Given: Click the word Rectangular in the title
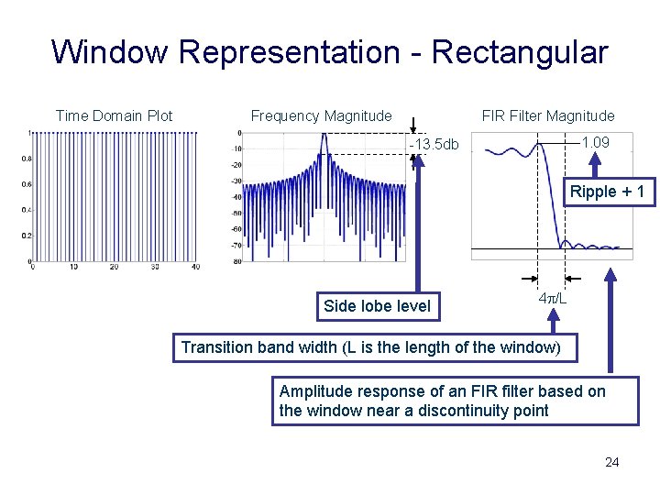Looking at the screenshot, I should [519, 52].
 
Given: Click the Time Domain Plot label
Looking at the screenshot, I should [114, 115].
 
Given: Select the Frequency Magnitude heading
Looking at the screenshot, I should [321, 115].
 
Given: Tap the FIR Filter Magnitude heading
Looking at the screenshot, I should [548, 115].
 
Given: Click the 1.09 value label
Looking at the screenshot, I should [595, 143].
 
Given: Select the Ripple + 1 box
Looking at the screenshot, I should [607, 192].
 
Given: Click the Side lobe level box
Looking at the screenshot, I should [377, 306].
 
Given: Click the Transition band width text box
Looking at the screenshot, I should [378, 347].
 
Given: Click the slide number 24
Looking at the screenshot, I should [611, 462].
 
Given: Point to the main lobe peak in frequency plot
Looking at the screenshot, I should [323, 137].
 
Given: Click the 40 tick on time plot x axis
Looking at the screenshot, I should [195, 267].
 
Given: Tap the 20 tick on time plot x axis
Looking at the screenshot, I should [114, 267].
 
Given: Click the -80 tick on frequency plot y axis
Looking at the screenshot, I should [237, 262].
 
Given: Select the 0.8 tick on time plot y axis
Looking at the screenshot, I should [25, 159].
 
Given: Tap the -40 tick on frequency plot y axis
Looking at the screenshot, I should [237, 197].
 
